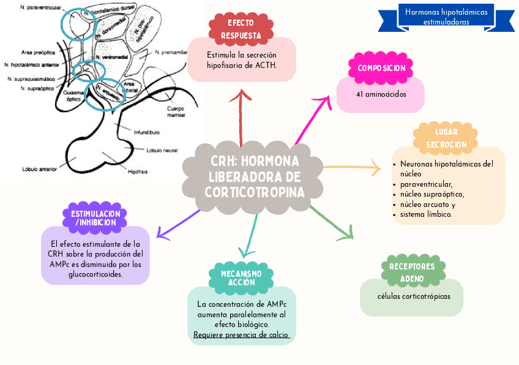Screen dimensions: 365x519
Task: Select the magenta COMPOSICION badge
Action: (x=381, y=68)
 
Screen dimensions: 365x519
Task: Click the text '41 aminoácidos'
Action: (x=381, y=94)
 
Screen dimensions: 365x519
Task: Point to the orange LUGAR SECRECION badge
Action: (x=446, y=138)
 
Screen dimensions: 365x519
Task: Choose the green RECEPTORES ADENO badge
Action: (x=412, y=273)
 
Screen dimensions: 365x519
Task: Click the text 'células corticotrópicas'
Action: (x=414, y=296)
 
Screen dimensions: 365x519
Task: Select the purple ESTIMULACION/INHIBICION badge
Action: (x=95, y=218)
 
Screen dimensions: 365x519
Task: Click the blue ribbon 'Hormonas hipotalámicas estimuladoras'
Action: (x=446, y=17)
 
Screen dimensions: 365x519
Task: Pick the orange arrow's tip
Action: (x=380, y=167)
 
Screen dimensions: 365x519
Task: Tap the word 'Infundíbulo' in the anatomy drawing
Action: (x=146, y=132)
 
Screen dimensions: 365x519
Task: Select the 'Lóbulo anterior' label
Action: (x=39, y=168)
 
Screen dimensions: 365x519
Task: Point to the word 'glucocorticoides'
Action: (x=95, y=274)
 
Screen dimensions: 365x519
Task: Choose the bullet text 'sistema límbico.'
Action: (x=426, y=214)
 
